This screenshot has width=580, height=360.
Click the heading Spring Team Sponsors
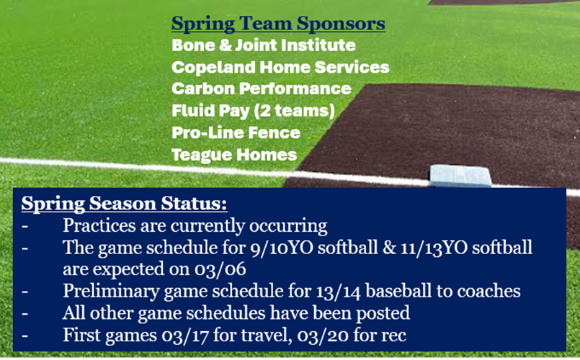(x=278, y=24)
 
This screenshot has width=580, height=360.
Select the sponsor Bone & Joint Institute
(x=263, y=45)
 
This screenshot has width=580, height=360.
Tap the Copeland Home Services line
(x=280, y=67)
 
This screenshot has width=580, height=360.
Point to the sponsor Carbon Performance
(x=262, y=89)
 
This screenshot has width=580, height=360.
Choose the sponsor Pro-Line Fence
(x=236, y=132)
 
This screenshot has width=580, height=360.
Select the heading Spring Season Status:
(x=124, y=204)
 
